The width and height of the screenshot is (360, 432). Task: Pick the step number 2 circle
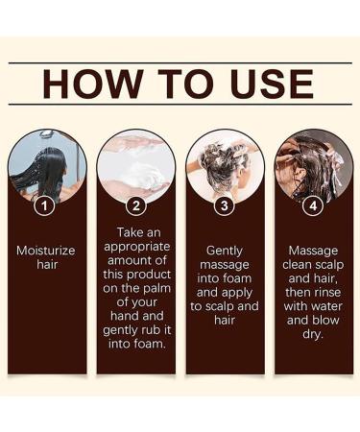(x=135, y=204)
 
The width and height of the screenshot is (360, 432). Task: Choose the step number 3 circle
(x=225, y=204)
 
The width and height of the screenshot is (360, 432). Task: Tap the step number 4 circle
(x=313, y=204)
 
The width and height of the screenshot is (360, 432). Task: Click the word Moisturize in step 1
(x=46, y=250)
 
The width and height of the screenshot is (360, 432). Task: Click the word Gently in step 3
(x=225, y=250)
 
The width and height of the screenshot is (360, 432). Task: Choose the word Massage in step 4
(x=313, y=250)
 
